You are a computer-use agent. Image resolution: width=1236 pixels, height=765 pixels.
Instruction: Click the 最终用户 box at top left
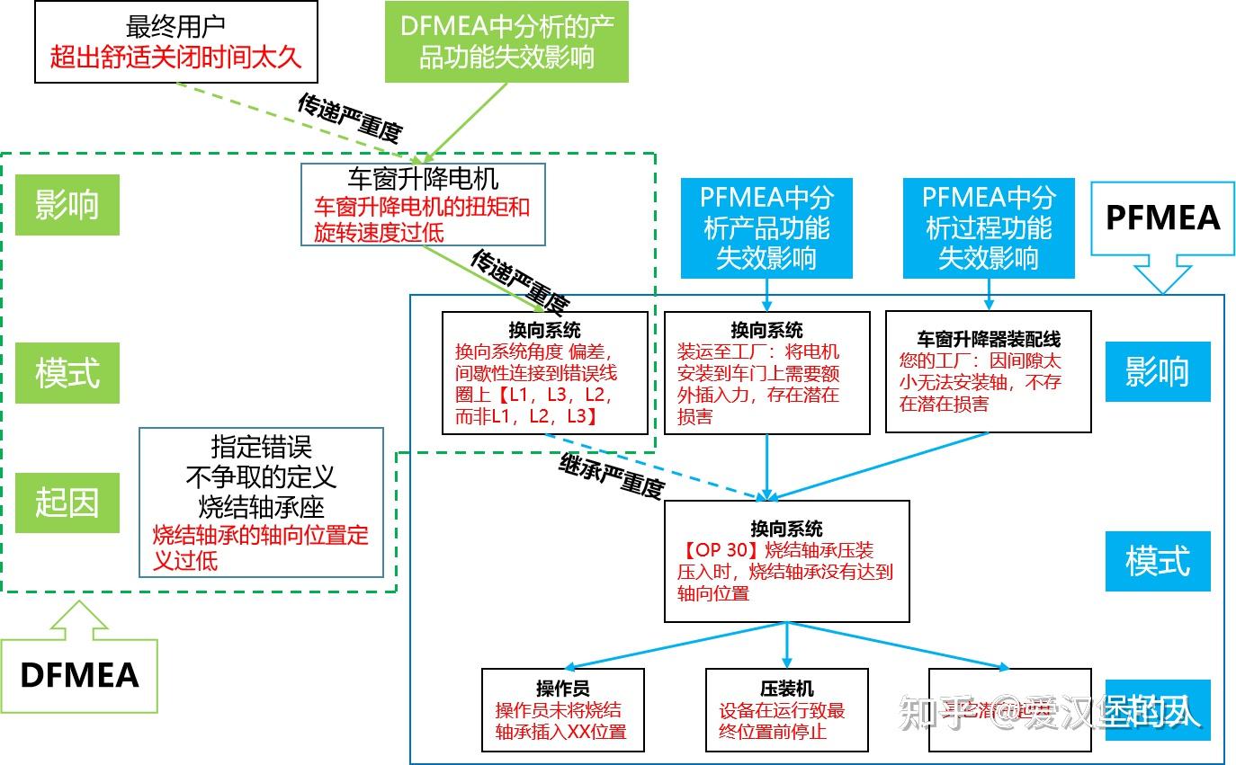pyautogui.click(x=175, y=42)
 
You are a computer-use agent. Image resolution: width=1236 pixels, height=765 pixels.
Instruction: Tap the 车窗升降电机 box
pyautogui.click(x=423, y=204)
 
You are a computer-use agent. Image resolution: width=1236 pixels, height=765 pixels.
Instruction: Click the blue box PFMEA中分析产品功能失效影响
pyautogui.click(x=766, y=227)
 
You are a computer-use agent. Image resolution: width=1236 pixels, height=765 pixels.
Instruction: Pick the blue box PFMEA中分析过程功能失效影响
pyautogui.click(x=989, y=227)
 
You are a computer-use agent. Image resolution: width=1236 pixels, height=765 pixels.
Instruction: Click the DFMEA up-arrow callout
pyautogui.click(x=80, y=666)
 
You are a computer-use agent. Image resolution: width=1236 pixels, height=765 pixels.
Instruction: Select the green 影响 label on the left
pyautogui.click(x=67, y=205)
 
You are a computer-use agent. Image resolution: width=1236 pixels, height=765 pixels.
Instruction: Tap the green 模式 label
pyautogui.click(x=67, y=372)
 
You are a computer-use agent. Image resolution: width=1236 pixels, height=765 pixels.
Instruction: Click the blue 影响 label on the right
pyautogui.click(x=1157, y=371)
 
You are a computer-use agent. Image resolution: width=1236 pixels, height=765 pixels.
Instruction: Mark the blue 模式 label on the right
pyautogui.click(x=1157, y=561)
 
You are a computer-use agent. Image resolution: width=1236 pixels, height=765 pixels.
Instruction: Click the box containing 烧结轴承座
pyautogui.click(x=261, y=502)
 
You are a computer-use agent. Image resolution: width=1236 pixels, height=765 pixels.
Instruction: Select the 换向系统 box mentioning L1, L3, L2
pyautogui.click(x=544, y=373)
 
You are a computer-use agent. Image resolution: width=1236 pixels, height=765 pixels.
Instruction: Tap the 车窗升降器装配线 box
pyautogui.click(x=988, y=371)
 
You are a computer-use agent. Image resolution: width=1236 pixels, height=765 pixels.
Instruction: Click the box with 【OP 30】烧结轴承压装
pyautogui.click(x=786, y=561)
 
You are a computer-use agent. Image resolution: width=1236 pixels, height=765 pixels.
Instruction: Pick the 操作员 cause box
pyautogui.click(x=562, y=709)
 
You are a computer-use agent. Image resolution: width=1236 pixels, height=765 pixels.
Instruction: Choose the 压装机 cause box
pyautogui.click(x=786, y=709)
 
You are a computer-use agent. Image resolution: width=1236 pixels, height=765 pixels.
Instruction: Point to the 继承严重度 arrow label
pyautogui.click(x=611, y=477)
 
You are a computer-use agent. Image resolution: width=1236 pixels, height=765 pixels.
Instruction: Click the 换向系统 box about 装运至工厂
pyautogui.click(x=766, y=373)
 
